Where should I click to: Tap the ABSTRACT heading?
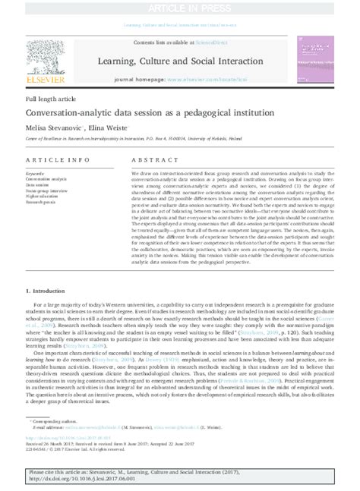click(153, 161)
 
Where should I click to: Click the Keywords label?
click(35, 174)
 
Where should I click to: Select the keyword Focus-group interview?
click(47, 192)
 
